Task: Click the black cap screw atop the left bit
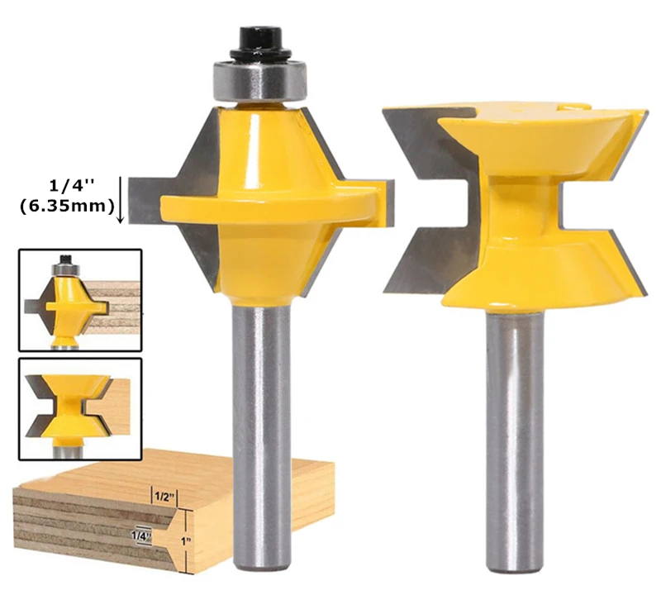(260, 43)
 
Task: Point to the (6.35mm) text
(67, 207)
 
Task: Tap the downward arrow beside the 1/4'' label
(121, 199)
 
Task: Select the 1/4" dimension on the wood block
(141, 536)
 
